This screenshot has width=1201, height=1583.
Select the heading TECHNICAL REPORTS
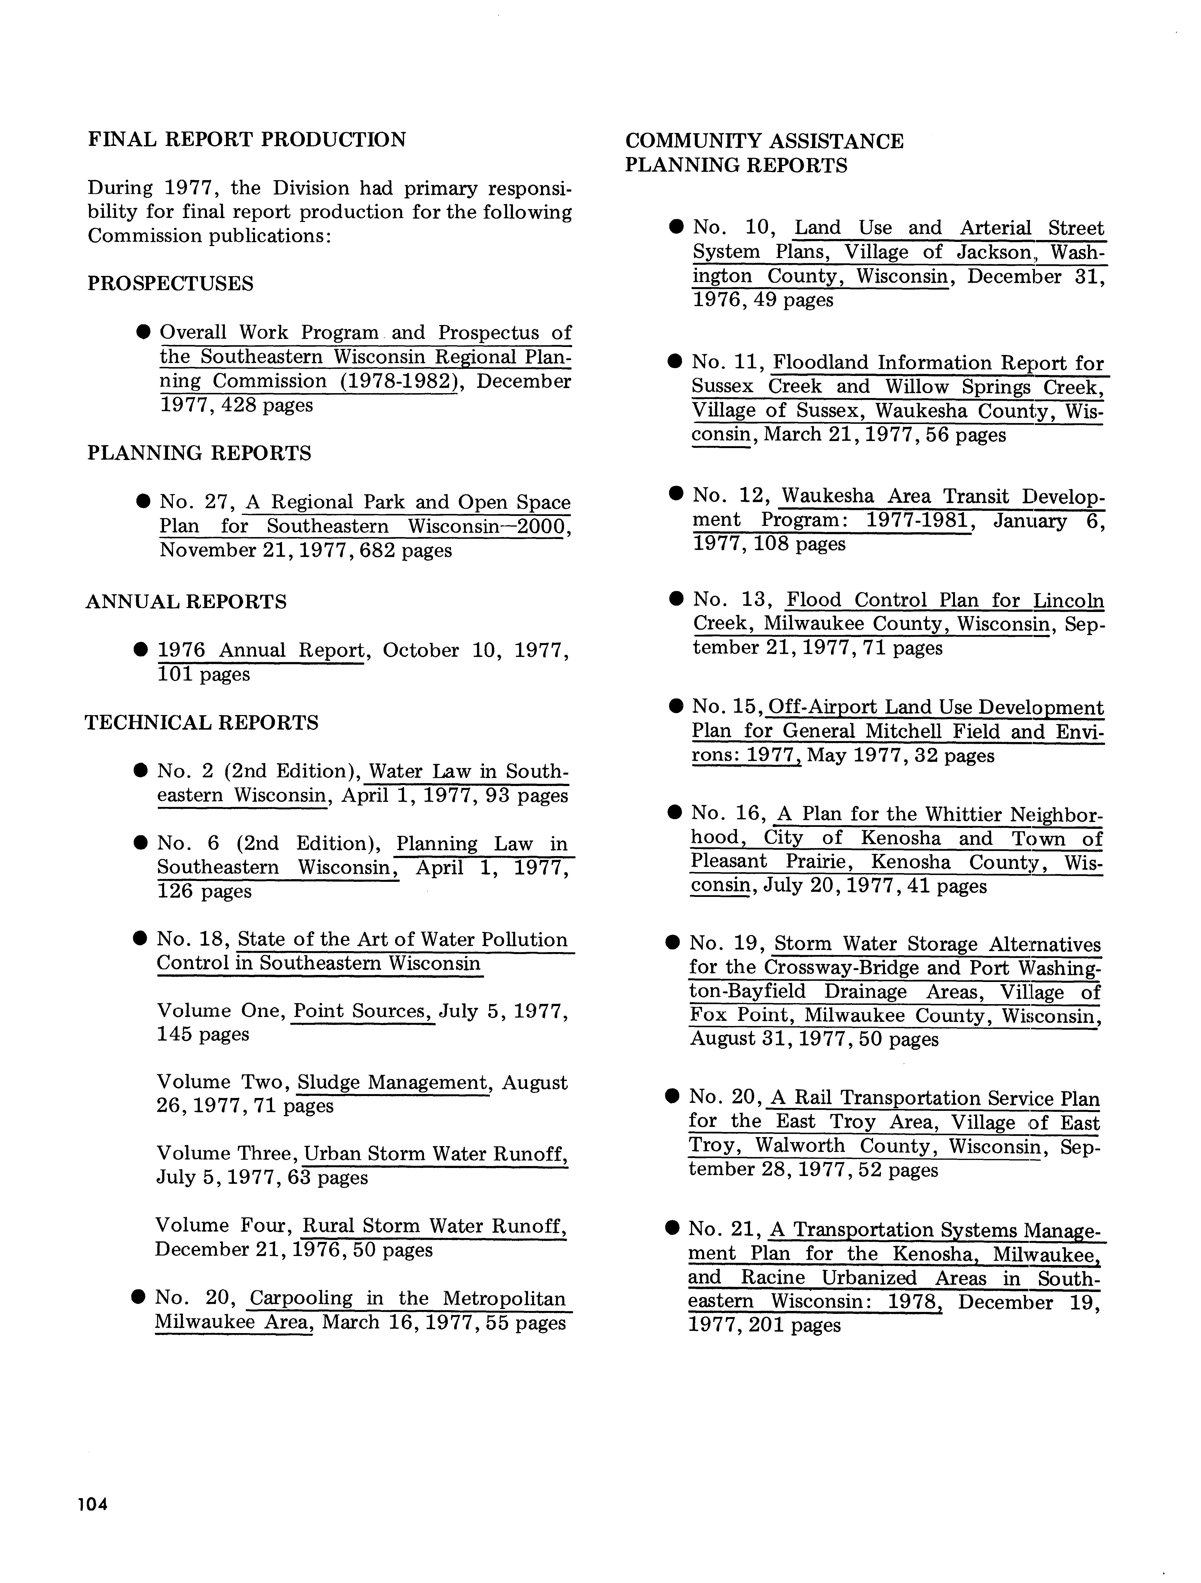click(x=202, y=723)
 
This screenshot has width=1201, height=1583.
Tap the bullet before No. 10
click(x=676, y=228)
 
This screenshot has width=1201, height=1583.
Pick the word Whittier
click(x=963, y=814)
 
